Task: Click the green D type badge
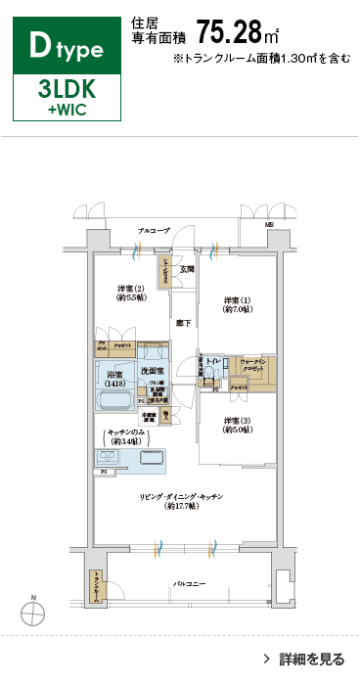point(66,45)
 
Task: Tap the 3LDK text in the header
point(66,89)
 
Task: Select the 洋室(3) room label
point(237,426)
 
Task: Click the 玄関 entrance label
point(187,268)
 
